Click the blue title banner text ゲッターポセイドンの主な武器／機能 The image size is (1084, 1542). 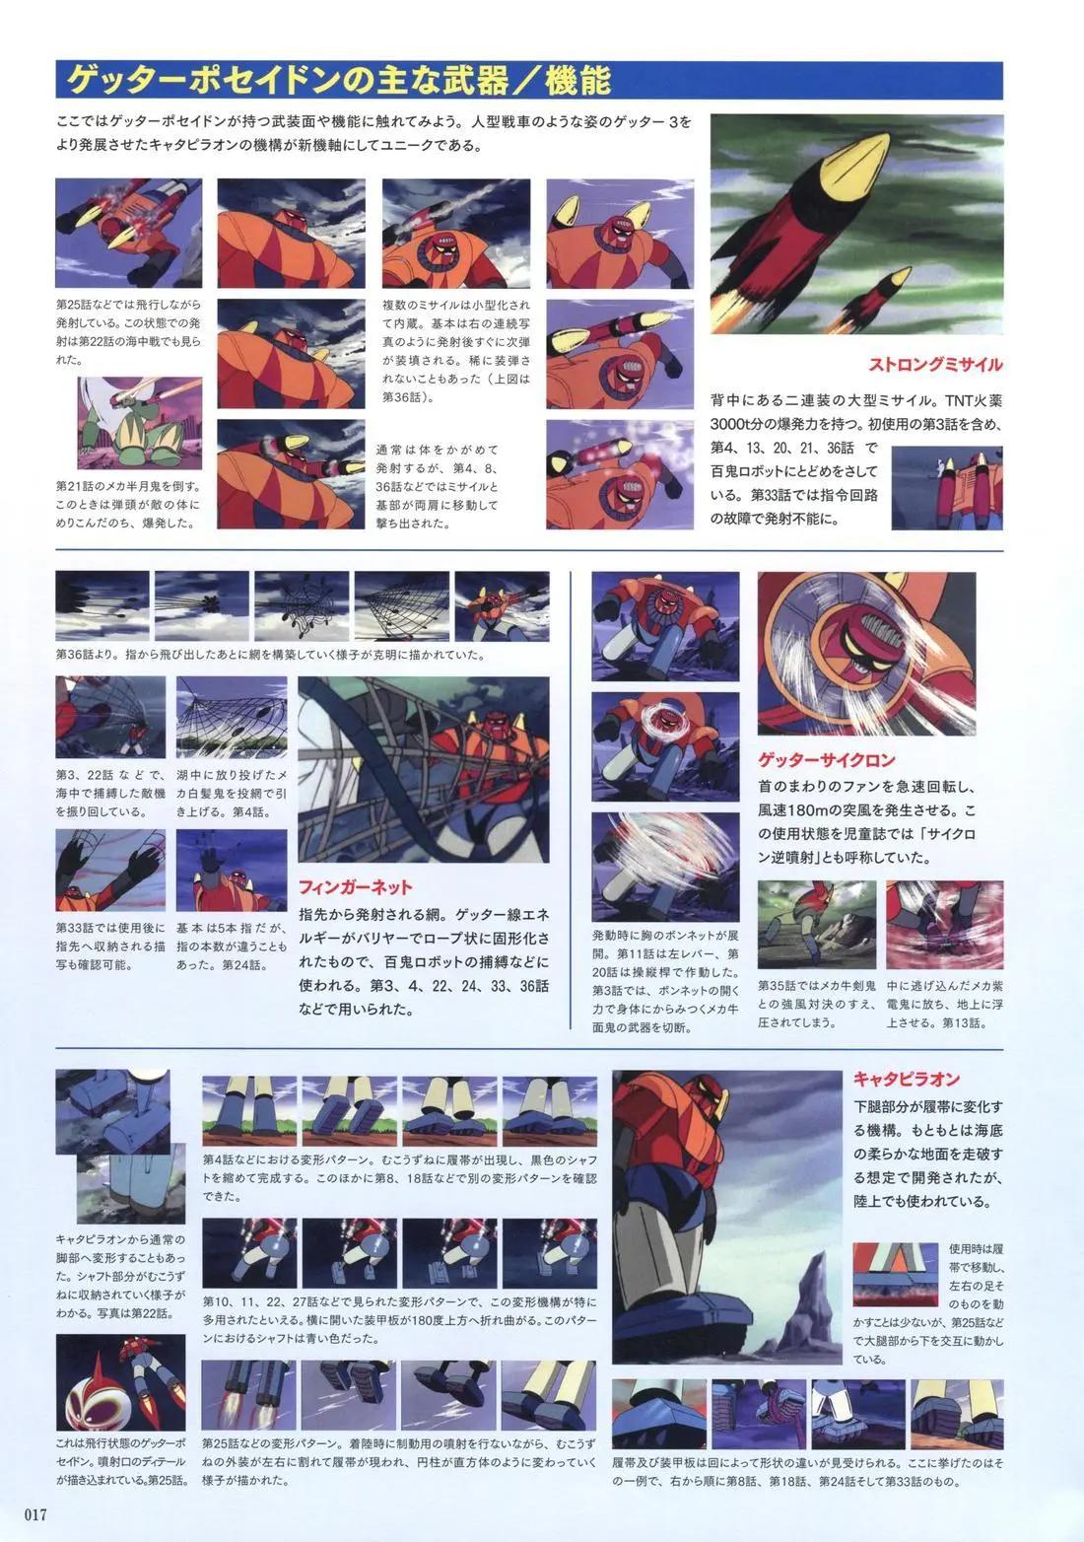pyautogui.click(x=338, y=81)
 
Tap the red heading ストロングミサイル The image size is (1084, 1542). pyautogui.click(x=934, y=365)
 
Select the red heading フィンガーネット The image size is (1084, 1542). pyautogui.click(x=355, y=886)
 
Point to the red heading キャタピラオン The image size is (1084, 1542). pyautogui.click(x=907, y=1079)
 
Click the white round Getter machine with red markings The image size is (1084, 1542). pyautogui.click(x=93, y=1396)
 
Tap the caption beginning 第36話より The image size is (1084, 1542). pyautogui.click(x=270, y=655)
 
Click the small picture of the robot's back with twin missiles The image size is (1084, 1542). pyautogui.click(x=946, y=488)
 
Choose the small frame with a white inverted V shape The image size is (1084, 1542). pyautogui.click(x=896, y=1274)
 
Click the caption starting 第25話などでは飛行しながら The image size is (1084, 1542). pyautogui.click(x=129, y=332)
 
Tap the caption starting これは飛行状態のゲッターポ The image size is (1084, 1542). pyautogui.click(x=121, y=1461)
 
